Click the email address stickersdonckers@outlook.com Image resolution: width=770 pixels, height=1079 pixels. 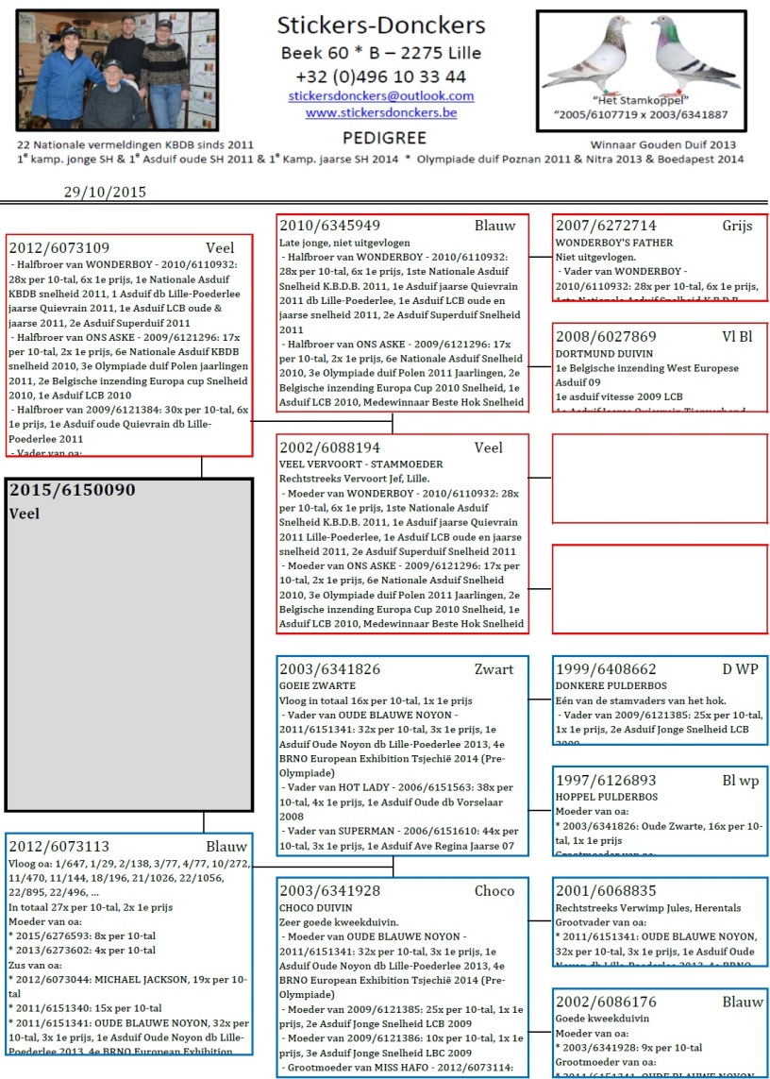tap(381, 96)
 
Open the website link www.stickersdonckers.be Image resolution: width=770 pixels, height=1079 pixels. tap(381, 113)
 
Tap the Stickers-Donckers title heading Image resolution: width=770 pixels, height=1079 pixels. tap(381, 25)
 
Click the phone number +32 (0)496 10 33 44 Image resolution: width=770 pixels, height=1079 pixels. tap(381, 76)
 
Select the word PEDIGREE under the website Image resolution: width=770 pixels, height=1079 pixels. tap(380, 137)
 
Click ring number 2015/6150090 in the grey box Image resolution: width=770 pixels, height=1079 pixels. tap(73, 491)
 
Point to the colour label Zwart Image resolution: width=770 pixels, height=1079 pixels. tap(494, 669)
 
